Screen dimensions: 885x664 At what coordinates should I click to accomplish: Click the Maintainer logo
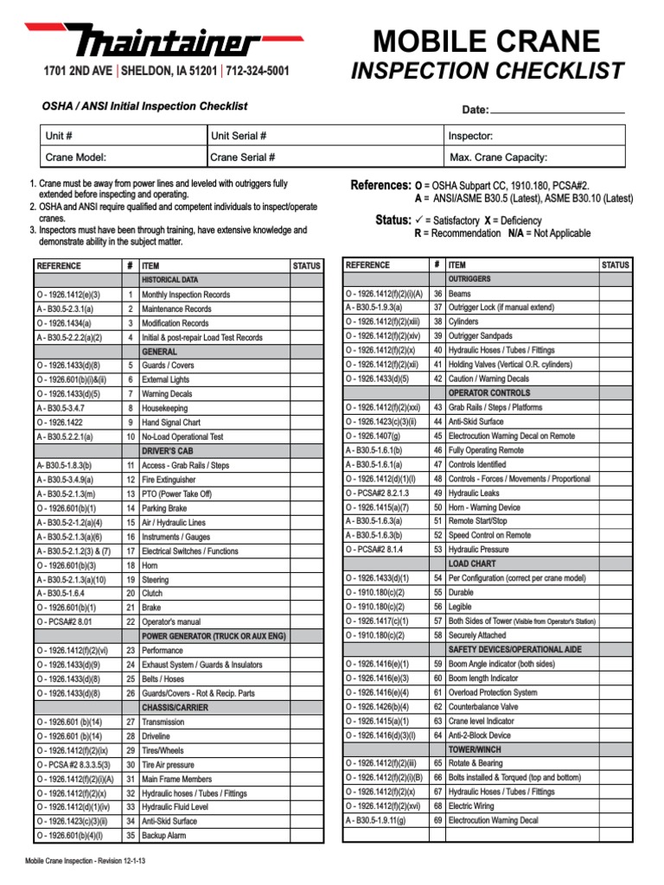(x=164, y=41)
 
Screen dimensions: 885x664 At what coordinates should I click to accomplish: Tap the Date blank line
(x=557, y=109)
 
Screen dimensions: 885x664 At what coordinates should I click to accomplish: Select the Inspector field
(x=533, y=136)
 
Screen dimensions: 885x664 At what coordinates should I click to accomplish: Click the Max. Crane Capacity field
(x=533, y=157)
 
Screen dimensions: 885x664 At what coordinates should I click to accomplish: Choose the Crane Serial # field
(x=324, y=157)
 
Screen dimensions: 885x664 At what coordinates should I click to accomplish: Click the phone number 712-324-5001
(x=258, y=72)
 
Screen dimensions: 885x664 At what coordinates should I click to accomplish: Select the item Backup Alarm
(x=166, y=836)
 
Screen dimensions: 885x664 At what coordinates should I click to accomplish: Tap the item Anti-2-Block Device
(x=479, y=735)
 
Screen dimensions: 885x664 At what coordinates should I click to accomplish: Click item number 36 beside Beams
(x=437, y=294)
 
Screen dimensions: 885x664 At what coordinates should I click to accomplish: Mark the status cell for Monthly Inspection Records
(x=306, y=295)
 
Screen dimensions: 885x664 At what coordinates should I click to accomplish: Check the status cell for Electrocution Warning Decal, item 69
(x=615, y=820)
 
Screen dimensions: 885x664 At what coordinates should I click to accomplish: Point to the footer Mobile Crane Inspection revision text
(x=85, y=861)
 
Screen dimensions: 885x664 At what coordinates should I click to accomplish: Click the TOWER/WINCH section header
(x=475, y=749)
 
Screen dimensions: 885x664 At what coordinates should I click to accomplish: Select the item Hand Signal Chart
(x=171, y=423)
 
